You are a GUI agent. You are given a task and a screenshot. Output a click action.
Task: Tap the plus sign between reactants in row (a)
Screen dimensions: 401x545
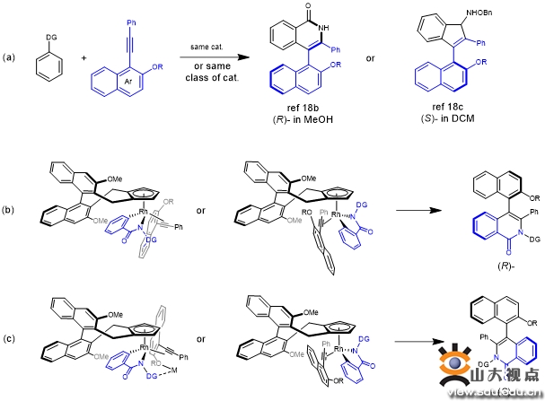(x=86, y=57)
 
